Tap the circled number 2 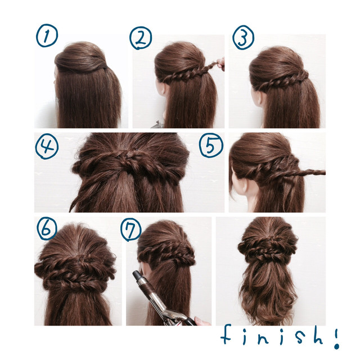[140, 38]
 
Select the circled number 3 [243, 37]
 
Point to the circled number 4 [47, 146]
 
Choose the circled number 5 [211, 145]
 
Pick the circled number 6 [47, 228]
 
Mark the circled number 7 [130, 229]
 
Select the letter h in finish [318, 335]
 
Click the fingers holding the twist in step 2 [220, 64]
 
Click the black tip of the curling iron [137, 274]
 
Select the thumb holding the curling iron [202, 321]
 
